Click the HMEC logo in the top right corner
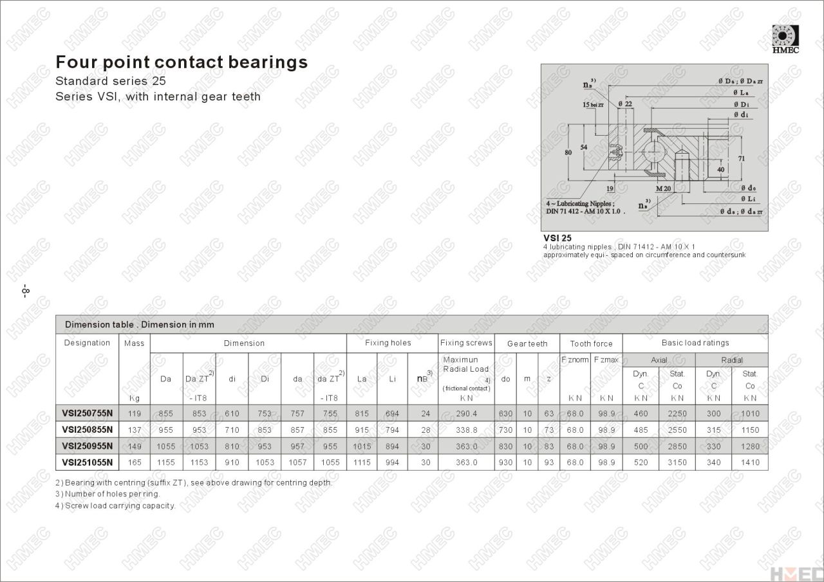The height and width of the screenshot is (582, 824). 785,39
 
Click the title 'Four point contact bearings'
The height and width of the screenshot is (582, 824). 182,62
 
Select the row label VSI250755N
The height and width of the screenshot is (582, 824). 88,414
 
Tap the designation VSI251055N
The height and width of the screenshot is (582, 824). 88,462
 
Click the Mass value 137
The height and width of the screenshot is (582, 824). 134,430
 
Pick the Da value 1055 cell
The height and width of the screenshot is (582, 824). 166,446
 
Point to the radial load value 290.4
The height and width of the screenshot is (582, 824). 466,414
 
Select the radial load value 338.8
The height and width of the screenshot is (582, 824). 466,430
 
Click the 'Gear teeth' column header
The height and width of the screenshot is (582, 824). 527,343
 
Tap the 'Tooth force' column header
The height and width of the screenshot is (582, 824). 591,343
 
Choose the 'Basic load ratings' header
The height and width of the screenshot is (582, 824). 695,343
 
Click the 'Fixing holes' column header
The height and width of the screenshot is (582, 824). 388,343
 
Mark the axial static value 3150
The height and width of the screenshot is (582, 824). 677,462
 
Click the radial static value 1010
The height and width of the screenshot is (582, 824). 750,414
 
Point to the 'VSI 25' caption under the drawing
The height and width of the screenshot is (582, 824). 557,237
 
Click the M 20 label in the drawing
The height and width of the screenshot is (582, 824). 663,188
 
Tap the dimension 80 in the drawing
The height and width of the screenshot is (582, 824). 568,152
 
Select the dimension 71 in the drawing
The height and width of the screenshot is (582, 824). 741,158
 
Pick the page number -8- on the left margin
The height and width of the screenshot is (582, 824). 25,290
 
